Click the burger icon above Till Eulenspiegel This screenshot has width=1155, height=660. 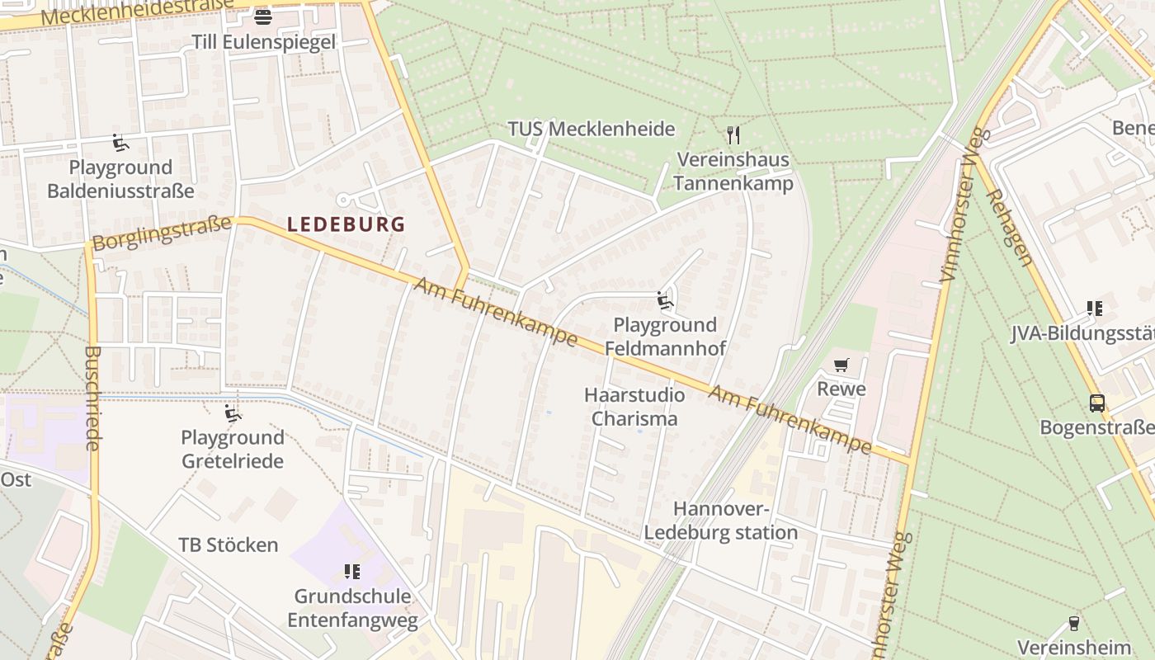pos(263,16)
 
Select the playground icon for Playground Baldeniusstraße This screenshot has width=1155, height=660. pos(120,143)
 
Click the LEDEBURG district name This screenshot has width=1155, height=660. pos(346,224)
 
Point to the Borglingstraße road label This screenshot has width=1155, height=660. pos(162,233)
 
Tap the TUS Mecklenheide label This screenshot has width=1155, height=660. pos(591,130)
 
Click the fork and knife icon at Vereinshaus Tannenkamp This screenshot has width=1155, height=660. pos(733,134)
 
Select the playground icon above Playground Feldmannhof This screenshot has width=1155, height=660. pos(665,300)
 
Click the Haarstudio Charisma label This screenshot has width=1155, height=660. pos(634,407)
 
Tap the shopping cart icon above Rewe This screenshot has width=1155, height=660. pos(841,365)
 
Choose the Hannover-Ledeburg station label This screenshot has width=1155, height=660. pos(721,521)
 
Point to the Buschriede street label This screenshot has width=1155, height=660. pos(92,398)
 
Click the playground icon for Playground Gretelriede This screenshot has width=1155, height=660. pos(233,413)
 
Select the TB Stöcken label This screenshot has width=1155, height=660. pos(229,545)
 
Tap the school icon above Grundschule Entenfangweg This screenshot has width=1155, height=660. pos(352,572)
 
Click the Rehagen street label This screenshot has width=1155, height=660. pos(1009,228)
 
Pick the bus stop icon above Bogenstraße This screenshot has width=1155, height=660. pos(1096,403)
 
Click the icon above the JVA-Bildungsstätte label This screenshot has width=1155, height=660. pos(1095,309)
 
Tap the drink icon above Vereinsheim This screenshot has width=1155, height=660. pos(1073,623)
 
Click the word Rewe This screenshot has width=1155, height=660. pos(841,389)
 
